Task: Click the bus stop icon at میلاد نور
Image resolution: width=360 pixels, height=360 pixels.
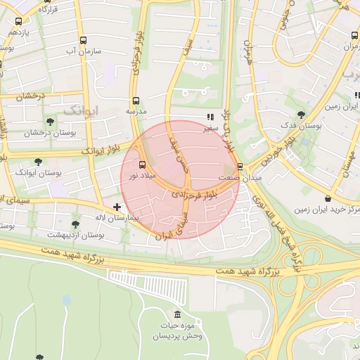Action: coord(144,165)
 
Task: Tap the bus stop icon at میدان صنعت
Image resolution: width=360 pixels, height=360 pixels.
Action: coord(240,167)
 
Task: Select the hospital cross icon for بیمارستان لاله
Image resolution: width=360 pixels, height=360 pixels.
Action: coord(117,207)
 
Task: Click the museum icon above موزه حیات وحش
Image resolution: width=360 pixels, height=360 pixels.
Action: coord(176,314)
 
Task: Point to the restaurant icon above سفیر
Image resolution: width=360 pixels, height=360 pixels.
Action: coord(209,117)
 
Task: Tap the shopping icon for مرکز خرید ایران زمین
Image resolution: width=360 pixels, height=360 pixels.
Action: coord(330,198)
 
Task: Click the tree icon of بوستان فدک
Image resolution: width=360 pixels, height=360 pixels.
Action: coord(302,115)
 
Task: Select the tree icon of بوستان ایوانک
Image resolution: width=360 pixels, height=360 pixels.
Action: coord(38,161)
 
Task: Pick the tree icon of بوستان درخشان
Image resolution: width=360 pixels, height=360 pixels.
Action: coord(47,121)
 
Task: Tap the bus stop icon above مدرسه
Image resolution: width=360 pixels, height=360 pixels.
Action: coord(136,101)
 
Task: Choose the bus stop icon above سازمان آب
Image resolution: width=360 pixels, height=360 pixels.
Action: coord(84,40)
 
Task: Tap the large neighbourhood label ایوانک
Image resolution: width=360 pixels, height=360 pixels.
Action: coord(81,110)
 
